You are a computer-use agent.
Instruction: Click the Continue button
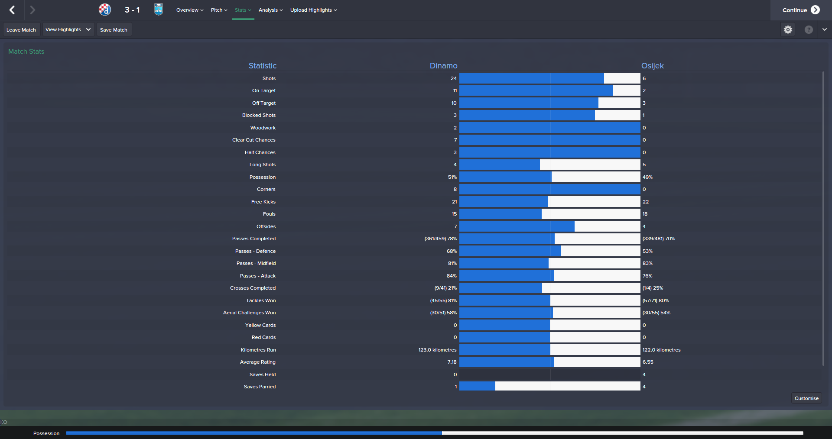pos(800,10)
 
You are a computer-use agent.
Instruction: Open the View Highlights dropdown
pos(68,29)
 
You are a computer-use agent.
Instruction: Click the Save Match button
pos(114,30)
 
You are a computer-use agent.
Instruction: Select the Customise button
pos(806,398)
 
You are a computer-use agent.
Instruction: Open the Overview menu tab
pos(189,10)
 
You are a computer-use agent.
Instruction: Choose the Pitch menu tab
pos(219,10)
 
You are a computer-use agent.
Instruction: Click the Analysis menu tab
pos(270,10)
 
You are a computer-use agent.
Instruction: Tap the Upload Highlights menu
pos(313,10)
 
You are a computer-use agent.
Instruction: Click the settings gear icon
pos(788,29)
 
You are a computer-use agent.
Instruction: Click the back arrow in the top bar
pos(12,10)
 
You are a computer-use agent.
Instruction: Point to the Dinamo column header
pos(443,66)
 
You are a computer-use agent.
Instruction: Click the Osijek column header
pos(652,66)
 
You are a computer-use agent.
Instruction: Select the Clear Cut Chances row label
pos(253,140)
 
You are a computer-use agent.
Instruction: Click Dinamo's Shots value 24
pos(453,78)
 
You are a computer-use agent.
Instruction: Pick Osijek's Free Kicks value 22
pos(646,202)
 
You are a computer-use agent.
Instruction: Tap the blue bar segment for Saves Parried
pos(477,386)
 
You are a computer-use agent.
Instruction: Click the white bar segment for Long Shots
pos(590,165)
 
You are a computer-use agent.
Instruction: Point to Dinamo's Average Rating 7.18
pos(452,362)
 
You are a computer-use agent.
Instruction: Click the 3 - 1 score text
pos(132,10)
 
